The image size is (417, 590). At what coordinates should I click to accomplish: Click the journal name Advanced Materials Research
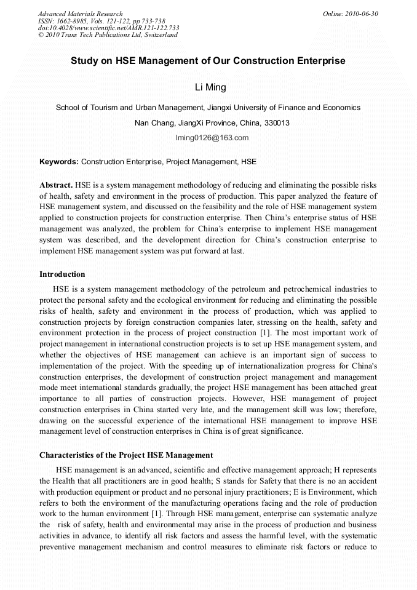coord(80,14)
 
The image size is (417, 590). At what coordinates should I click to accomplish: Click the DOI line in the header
coord(108,28)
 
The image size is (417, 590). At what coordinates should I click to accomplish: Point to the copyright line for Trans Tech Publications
coord(108,35)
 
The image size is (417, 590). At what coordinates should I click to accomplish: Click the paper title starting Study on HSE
coord(208,61)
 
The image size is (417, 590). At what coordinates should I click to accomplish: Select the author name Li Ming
coord(208,87)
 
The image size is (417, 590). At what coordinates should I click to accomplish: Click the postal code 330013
coord(276,122)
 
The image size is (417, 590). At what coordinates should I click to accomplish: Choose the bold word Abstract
coord(56,185)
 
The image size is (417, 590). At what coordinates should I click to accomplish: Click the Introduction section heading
coord(62,274)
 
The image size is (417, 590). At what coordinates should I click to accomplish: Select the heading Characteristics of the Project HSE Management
coord(126,455)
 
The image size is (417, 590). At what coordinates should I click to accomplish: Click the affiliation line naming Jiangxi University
coord(208,107)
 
